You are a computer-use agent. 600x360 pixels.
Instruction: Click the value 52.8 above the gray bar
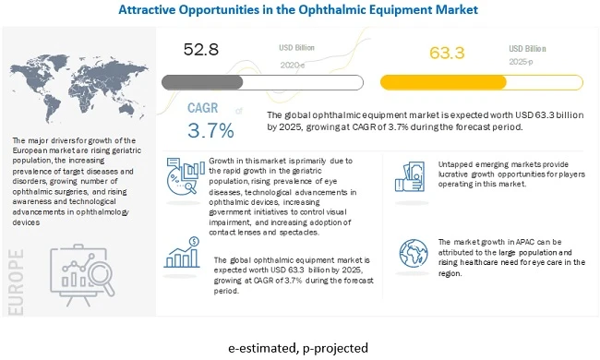(x=200, y=50)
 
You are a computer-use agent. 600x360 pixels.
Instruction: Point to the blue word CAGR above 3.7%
(x=204, y=108)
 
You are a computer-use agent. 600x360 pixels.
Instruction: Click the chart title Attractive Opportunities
(x=300, y=9)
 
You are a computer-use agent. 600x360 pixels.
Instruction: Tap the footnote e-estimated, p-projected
(x=300, y=347)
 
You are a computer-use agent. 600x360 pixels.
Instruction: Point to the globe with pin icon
(x=414, y=253)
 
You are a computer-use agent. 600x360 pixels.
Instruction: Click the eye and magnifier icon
(x=179, y=176)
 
